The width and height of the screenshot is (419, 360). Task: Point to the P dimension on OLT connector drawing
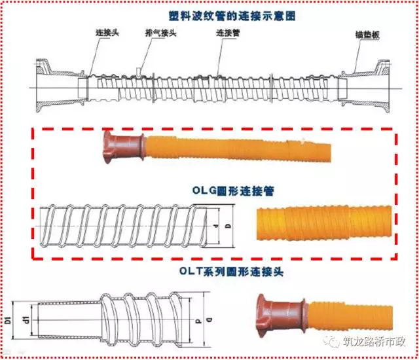(x=197, y=321)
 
